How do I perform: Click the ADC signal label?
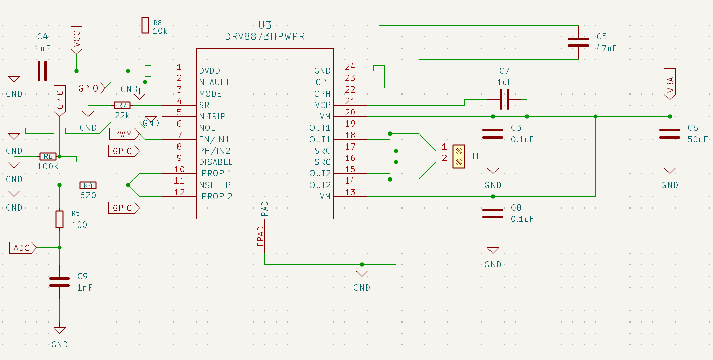(x=23, y=248)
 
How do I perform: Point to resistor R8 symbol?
(x=145, y=25)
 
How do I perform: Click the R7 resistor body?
(x=122, y=105)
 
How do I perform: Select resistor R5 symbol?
(x=59, y=219)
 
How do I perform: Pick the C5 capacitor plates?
(x=578, y=42)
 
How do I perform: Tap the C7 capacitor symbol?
(x=504, y=99)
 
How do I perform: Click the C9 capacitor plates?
(x=59, y=282)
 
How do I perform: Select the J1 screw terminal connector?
(x=458, y=156)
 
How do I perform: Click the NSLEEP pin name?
(x=215, y=185)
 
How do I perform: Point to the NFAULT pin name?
(x=214, y=82)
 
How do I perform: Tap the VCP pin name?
(x=323, y=105)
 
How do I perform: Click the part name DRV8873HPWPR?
(x=265, y=37)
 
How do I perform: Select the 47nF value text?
(x=606, y=48)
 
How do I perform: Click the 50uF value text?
(x=698, y=140)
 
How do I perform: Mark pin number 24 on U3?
(x=350, y=67)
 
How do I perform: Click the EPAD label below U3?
(x=261, y=236)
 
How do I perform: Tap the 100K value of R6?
(x=48, y=167)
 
